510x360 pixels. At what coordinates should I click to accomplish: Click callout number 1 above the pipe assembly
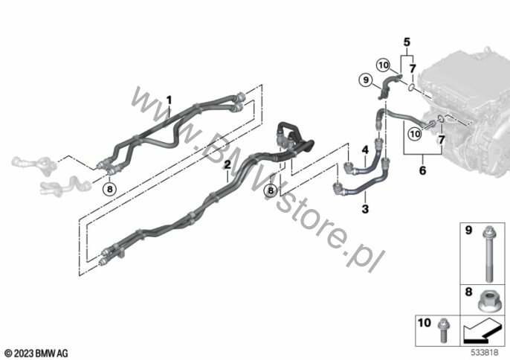coord(169,100)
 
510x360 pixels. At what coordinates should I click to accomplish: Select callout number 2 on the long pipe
coord(227,164)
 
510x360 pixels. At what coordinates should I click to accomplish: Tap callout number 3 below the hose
coord(365,209)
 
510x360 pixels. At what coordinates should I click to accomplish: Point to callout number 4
coord(365,150)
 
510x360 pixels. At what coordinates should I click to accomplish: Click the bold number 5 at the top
coord(407,42)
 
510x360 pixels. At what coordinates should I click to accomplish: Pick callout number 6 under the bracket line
coord(422,170)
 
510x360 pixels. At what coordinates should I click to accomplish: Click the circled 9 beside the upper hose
coord(366,80)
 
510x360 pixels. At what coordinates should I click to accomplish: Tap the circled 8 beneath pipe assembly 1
coord(109,189)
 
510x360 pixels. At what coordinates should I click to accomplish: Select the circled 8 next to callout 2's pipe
coord(271,190)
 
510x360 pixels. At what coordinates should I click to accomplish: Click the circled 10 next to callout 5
coord(384,65)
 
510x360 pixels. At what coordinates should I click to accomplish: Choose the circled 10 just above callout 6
coord(415,134)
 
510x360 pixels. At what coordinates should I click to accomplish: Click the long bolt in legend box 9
coord(488,254)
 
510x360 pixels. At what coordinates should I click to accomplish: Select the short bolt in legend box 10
coord(442,330)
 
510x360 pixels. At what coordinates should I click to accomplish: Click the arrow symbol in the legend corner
coord(482,331)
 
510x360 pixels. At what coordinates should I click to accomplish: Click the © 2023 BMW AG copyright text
coord(36,353)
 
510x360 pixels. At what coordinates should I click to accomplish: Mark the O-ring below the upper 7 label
coord(411,87)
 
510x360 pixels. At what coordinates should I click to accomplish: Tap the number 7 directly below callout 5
coord(413,68)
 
